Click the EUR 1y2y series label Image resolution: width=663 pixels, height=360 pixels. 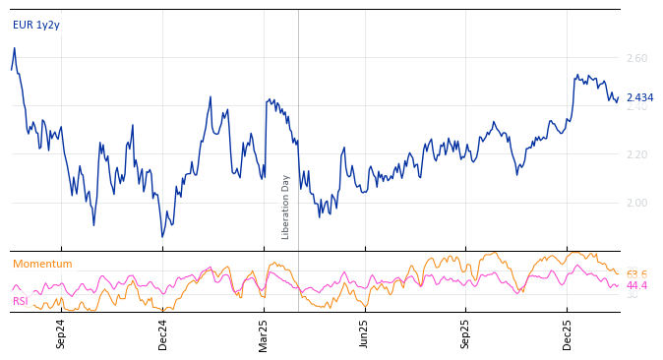(36, 26)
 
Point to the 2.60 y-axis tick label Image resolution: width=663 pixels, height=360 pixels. (636, 59)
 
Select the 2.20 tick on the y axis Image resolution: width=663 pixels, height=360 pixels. (636, 154)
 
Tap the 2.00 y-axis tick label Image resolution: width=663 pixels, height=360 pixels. (636, 203)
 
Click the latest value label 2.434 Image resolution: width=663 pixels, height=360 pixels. (639, 98)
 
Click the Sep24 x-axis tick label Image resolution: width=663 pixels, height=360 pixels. (61, 333)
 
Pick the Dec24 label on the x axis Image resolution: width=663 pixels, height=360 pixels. (163, 333)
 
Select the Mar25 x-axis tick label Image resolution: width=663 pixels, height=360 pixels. (264, 333)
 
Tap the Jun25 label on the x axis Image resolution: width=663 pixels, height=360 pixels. (364, 333)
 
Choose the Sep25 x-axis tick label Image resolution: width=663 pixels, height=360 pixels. (466, 333)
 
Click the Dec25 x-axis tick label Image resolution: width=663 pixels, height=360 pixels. (568, 333)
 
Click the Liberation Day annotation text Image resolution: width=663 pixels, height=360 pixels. (286, 207)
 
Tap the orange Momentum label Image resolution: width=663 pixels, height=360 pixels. (42, 265)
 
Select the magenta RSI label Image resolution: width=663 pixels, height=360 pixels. (21, 301)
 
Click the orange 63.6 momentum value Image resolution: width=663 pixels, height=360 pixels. (636, 274)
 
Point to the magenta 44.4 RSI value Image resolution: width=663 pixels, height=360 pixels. (636, 286)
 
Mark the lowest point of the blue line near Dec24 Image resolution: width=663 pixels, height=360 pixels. (162, 236)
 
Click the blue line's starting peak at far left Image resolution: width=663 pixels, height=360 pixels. (14, 48)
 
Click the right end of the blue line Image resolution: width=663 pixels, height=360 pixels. (619, 98)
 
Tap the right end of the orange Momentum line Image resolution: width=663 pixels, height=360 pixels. (619, 273)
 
